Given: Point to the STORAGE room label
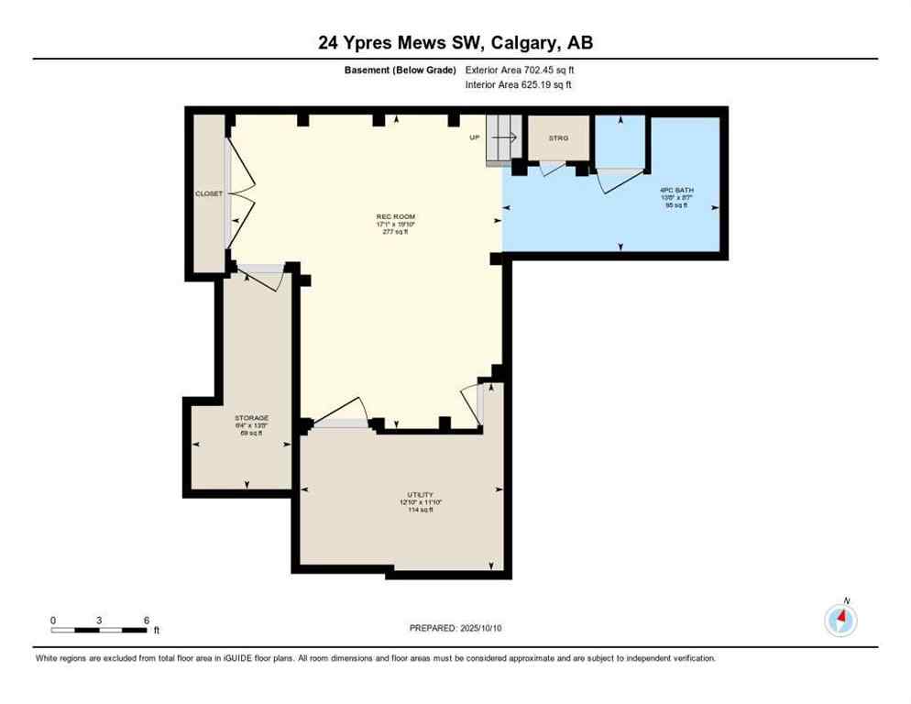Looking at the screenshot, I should pyautogui.click(x=250, y=418).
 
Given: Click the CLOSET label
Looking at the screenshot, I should pyautogui.click(x=209, y=193).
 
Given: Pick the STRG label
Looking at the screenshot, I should pyautogui.click(x=558, y=138).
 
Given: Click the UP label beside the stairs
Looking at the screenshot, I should pyautogui.click(x=474, y=137).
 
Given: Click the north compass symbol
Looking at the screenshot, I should pyautogui.click(x=840, y=620).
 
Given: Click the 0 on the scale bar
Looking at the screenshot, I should pyautogui.click(x=53, y=620).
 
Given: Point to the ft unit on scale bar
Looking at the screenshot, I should pyautogui.click(x=157, y=631).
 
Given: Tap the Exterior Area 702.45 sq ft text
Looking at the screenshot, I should pyautogui.click(x=520, y=70).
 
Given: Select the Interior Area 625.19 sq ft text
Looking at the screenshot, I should pyautogui.click(x=520, y=85).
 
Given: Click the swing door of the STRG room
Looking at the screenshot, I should pyautogui.click(x=552, y=169).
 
